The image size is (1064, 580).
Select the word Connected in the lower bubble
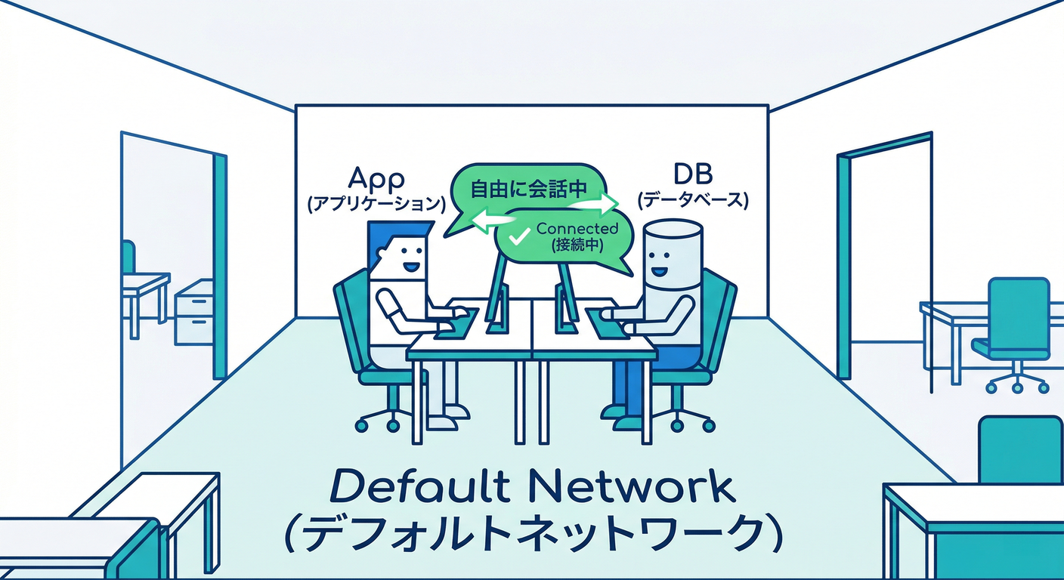[577, 228]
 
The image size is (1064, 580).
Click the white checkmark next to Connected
[518, 238]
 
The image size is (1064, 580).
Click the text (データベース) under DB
[693, 201]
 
